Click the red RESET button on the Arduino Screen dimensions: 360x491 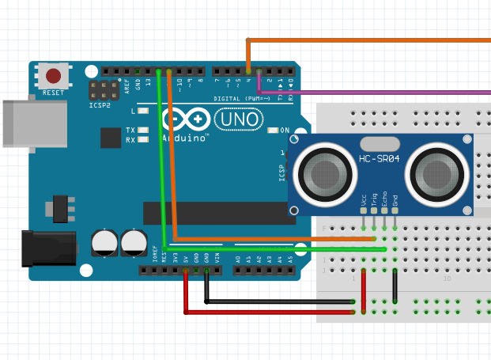tap(53, 77)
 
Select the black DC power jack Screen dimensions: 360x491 tap(47, 247)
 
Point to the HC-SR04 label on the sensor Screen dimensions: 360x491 tap(380, 159)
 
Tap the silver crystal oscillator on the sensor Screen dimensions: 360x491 tap(380, 144)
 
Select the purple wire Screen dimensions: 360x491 tap(380, 93)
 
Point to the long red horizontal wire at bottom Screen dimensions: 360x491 tap(269, 312)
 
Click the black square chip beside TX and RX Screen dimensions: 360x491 tap(111, 138)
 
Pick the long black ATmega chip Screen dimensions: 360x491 tap(214, 213)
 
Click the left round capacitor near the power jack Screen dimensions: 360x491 tap(104, 242)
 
